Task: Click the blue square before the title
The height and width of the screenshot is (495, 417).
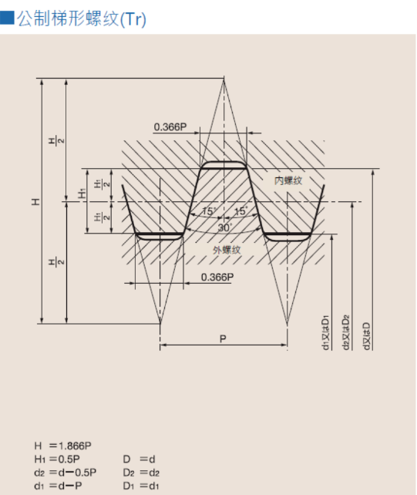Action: pyautogui.click(x=7, y=18)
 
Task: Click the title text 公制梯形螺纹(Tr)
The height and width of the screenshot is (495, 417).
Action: pyautogui.click(x=82, y=19)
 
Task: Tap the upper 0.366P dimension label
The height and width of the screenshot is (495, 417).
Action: pyautogui.click(x=170, y=126)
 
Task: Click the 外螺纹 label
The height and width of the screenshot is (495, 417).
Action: pyautogui.click(x=227, y=250)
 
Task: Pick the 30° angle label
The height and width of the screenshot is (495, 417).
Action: pyautogui.click(x=224, y=227)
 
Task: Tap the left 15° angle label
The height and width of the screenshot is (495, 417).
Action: pyautogui.click(x=208, y=211)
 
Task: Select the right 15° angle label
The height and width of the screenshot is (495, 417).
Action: pyautogui.click(x=240, y=211)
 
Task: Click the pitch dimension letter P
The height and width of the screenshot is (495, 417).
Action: pyautogui.click(x=223, y=338)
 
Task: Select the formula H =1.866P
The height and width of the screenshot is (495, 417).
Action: pyautogui.click(x=63, y=446)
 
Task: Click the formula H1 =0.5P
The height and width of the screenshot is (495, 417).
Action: pyautogui.click(x=62, y=459)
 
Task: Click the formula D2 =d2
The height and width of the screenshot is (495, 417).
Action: pyautogui.click(x=141, y=472)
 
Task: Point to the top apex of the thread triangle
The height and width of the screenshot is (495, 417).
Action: pyautogui.click(x=224, y=79)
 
